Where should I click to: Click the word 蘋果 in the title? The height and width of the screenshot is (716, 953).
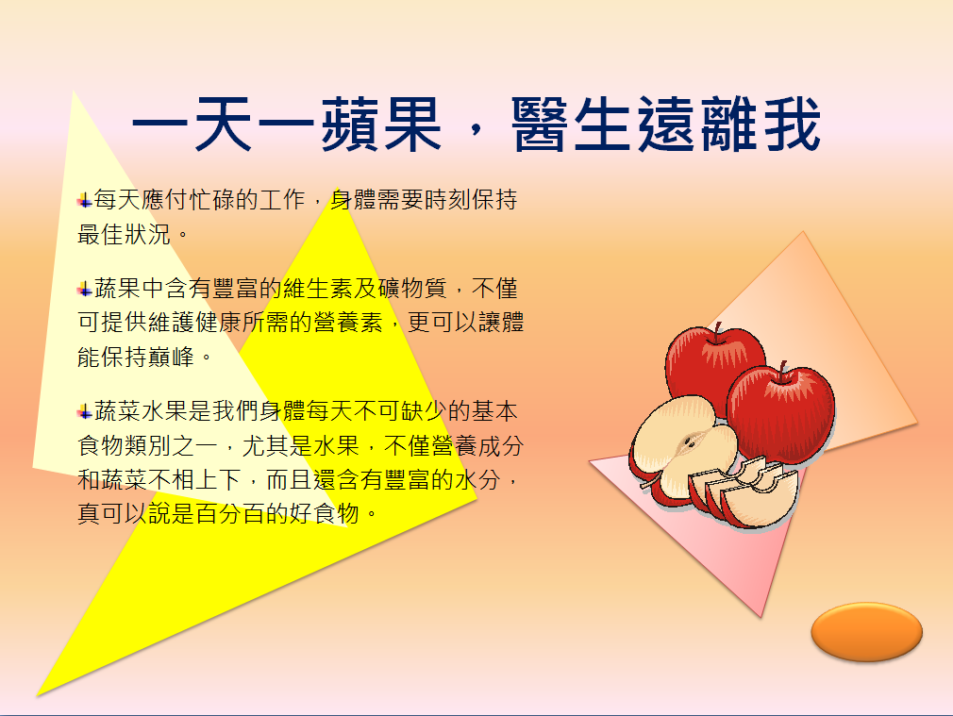[x=382, y=124]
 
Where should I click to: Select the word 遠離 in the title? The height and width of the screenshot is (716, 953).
[x=697, y=124]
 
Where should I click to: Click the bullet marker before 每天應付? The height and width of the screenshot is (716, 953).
[x=85, y=200]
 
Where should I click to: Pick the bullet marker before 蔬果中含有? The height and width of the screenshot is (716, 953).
[x=85, y=289]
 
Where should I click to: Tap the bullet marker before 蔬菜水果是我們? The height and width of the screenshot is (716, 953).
[x=85, y=412]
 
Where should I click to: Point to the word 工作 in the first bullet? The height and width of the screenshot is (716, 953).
[x=283, y=199]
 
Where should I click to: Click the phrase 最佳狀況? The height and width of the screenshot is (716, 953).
[x=124, y=234]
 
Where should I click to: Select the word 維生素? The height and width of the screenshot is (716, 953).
[x=318, y=288]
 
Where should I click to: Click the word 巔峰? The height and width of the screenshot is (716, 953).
[x=171, y=357]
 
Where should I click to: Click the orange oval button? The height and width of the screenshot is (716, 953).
[x=867, y=631]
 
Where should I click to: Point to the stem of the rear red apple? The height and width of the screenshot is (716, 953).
[x=718, y=332]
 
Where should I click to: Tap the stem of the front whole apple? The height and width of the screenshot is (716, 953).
[x=782, y=371]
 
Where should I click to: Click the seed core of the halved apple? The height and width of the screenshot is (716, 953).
[x=691, y=441]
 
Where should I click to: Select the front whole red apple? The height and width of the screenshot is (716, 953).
[x=781, y=414]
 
